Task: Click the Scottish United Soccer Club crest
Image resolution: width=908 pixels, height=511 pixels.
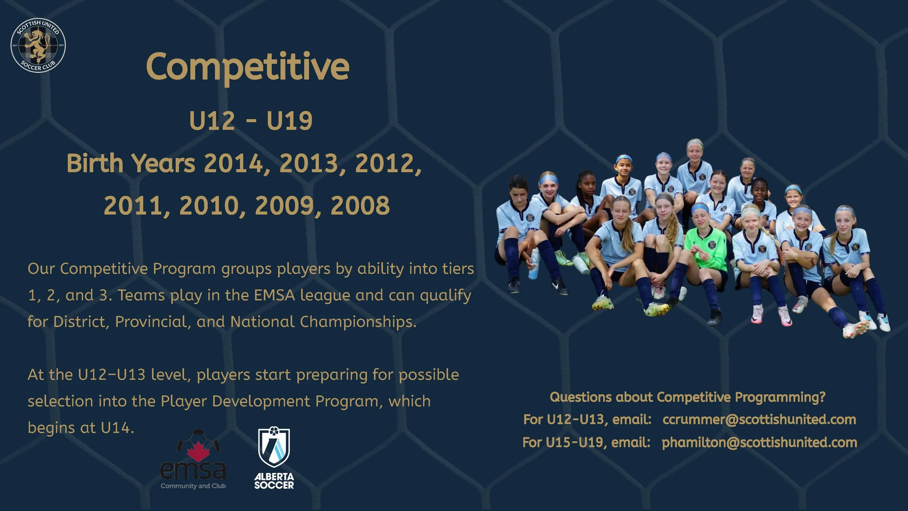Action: click(x=38, y=45)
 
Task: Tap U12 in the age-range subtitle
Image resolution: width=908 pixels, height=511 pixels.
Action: click(x=212, y=121)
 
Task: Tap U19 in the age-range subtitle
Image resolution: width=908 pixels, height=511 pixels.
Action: click(x=289, y=121)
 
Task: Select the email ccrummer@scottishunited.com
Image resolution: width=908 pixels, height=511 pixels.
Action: click(x=759, y=419)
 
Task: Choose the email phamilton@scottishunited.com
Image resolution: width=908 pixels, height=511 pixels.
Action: click(x=759, y=442)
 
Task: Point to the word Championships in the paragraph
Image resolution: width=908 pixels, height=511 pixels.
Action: click(x=358, y=322)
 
